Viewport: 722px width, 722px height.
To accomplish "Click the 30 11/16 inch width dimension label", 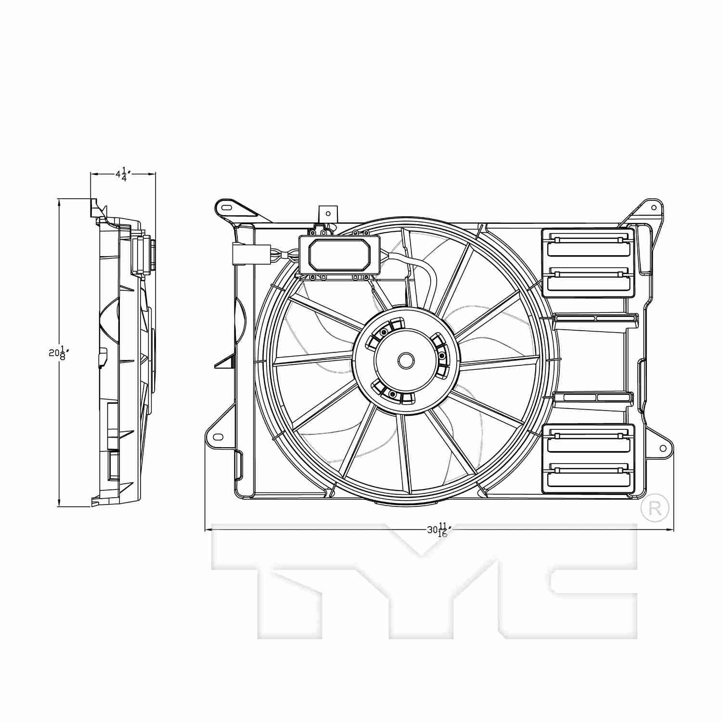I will pyautogui.click(x=438, y=530).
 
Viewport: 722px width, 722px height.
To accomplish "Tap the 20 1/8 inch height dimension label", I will pyautogui.click(x=57, y=353).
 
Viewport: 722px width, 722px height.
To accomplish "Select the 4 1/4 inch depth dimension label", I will pyautogui.click(x=123, y=174).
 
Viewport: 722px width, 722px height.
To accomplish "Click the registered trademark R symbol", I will pyautogui.click(x=655, y=508).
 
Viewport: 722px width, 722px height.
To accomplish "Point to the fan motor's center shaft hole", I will pyautogui.click(x=406, y=360).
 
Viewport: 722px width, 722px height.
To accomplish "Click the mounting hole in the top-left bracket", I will pyautogui.click(x=226, y=207).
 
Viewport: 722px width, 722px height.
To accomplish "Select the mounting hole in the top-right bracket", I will pyautogui.click(x=654, y=208).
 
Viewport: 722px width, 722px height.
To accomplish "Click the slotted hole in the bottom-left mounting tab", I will pyautogui.click(x=218, y=437).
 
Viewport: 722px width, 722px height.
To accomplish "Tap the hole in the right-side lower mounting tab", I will pyautogui.click(x=663, y=449).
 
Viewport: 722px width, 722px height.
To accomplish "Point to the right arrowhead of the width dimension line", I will pyautogui.click(x=671, y=530).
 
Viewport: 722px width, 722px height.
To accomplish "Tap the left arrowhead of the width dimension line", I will pyautogui.click(x=208, y=530).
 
